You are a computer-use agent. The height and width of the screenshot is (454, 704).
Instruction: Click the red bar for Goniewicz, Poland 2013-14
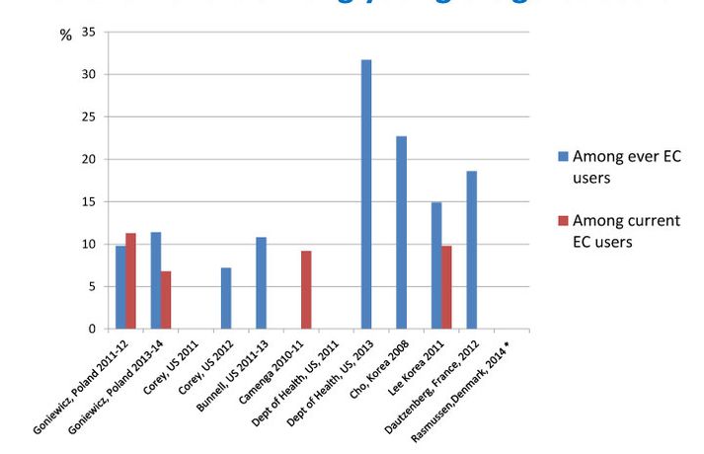166,300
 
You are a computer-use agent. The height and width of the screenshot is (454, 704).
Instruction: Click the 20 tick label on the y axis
88,160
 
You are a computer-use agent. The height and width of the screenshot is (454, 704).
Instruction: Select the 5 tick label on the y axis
91,287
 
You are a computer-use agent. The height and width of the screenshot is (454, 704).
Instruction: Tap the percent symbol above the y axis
65,36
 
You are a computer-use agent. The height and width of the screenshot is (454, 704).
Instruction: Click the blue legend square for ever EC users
564,156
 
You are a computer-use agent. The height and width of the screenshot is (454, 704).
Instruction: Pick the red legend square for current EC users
564,220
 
